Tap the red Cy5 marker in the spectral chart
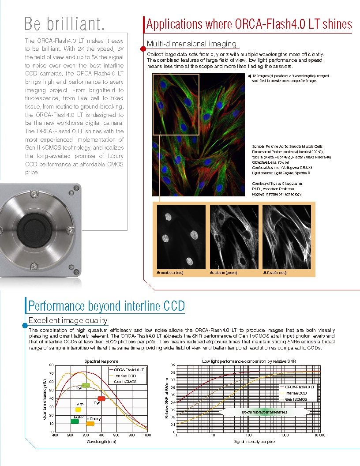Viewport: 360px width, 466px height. (101, 398)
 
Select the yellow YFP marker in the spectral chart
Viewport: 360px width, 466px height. (78, 410)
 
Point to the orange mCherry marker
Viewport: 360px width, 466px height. (90, 424)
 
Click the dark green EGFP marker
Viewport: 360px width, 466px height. (75, 421)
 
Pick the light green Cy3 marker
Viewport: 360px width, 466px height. (86, 385)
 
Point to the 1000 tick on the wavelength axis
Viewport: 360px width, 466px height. (146, 435)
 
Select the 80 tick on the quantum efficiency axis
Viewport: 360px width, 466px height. (51, 365)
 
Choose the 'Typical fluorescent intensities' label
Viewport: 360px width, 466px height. (264, 412)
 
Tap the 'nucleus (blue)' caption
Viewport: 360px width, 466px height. (171, 273)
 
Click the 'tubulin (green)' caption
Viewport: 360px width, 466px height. (225, 273)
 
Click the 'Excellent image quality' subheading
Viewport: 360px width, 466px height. (67, 320)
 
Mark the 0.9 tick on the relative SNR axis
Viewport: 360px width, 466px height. (173, 365)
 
